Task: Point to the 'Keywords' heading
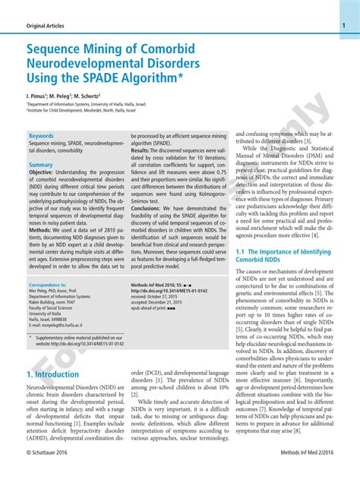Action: tap(42, 136)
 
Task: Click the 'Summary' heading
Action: tap(41, 165)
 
